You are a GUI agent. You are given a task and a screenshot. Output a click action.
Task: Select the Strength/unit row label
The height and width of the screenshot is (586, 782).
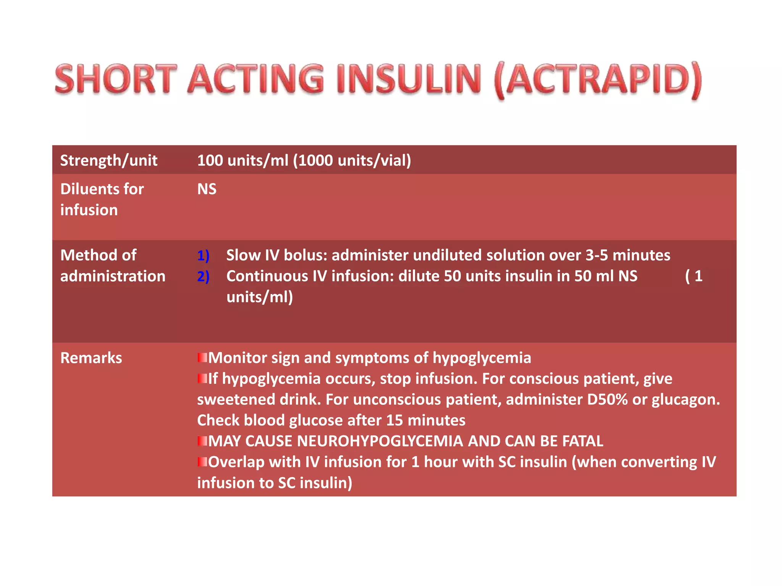pos(109,161)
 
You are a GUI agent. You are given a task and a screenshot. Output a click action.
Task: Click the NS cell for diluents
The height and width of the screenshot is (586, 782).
pos(207,189)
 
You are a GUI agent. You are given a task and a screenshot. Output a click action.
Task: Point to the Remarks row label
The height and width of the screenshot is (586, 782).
pos(91,358)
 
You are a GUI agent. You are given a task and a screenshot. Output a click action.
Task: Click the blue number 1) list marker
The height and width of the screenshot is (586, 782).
pos(203,256)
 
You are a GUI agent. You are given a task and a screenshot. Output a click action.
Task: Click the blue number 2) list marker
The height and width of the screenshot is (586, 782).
pos(203,277)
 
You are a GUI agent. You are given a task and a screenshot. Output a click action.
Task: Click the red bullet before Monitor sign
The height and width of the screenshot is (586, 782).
pos(202,358)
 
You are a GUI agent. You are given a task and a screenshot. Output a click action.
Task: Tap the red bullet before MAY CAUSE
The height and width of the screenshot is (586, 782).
pos(202,441)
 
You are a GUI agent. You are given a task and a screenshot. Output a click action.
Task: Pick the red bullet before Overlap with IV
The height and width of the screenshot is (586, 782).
pos(202,462)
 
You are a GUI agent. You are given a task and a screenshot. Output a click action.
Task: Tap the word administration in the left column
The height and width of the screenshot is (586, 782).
pos(113,276)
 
